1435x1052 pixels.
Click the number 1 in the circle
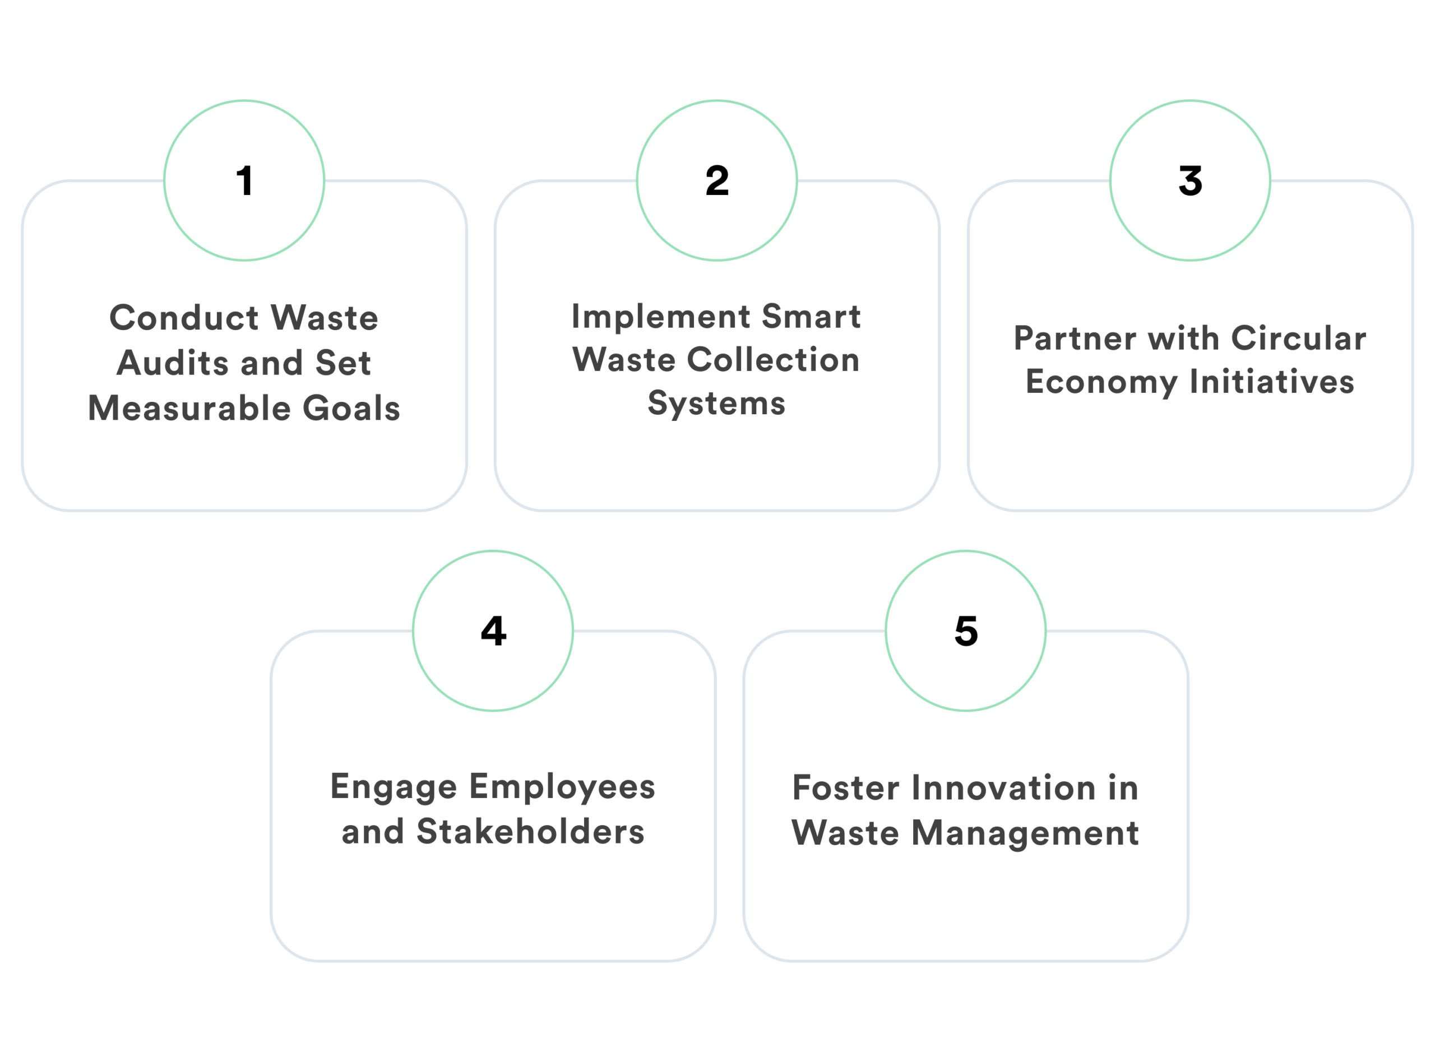244,181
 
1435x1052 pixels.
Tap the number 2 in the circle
717,181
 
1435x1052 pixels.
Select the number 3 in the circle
1190,181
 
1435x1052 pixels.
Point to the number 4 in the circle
494,631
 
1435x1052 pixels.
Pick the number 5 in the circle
966,631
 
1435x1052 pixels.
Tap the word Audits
173,363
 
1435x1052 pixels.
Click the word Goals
351,408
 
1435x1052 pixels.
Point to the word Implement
660,317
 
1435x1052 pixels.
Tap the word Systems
716,404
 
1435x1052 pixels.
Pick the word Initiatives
1272,382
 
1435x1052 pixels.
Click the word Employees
562,787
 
